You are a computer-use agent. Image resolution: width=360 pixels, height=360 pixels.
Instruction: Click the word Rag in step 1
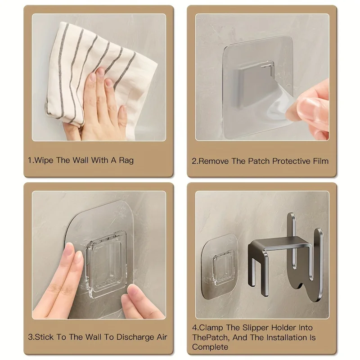126,160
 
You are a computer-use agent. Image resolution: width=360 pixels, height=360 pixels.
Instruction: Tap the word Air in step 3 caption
160,337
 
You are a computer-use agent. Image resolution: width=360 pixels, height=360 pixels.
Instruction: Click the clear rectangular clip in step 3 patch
106,263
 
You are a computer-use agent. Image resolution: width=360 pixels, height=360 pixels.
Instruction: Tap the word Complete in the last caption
210,347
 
